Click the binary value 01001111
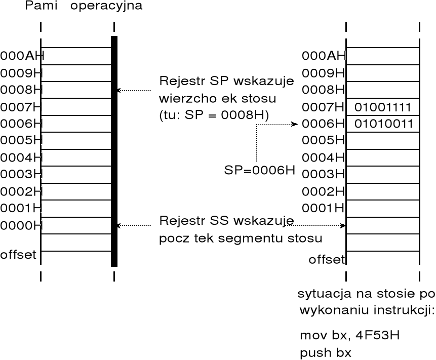pyautogui.click(x=383, y=107)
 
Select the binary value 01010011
pyautogui.click(x=383, y=124)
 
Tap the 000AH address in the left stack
pyautogui.click(x=22, y=56)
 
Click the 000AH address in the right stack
pyautogui.click(x=324, y=56)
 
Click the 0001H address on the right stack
pyautogui.click(x=324, y=208)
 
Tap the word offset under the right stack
pyautogui.click(x=327, y=260)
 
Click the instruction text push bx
pyautogui.click(x=324, y=352)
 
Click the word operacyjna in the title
pyautogui.click(x=106, y=7)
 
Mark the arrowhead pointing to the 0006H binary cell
pyautogui.click(x=294, y=124)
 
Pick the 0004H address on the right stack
pyautogui.click(x=324, y=157)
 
